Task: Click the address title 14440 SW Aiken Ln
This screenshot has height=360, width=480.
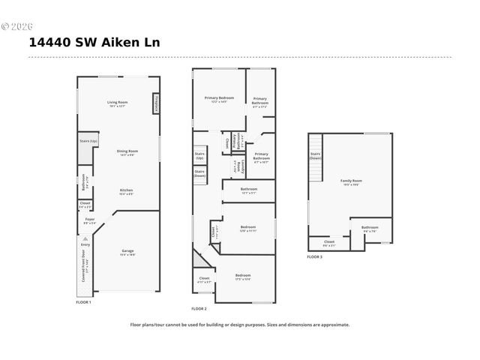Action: pos(94,43)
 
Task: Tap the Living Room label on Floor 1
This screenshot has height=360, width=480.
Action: pos(117,103)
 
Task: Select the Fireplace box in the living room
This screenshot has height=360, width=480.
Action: pos(156,103)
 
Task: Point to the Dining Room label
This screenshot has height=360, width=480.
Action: pos(127,152)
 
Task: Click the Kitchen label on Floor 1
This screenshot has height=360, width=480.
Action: pos(127,191)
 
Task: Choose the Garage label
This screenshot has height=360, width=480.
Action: pos(128,251)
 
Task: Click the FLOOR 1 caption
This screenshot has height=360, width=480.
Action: pos(83,301)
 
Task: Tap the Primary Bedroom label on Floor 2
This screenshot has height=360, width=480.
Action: pos(220,99)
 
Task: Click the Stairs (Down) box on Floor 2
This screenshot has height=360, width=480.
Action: pos(199,174)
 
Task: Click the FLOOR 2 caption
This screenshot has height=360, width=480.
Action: pos(199,309)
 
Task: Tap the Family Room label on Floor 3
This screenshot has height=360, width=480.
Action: pos(351,181)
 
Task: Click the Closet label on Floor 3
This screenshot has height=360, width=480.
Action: pos(329,242)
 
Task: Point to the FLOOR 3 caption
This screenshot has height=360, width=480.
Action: pos(314,257)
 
